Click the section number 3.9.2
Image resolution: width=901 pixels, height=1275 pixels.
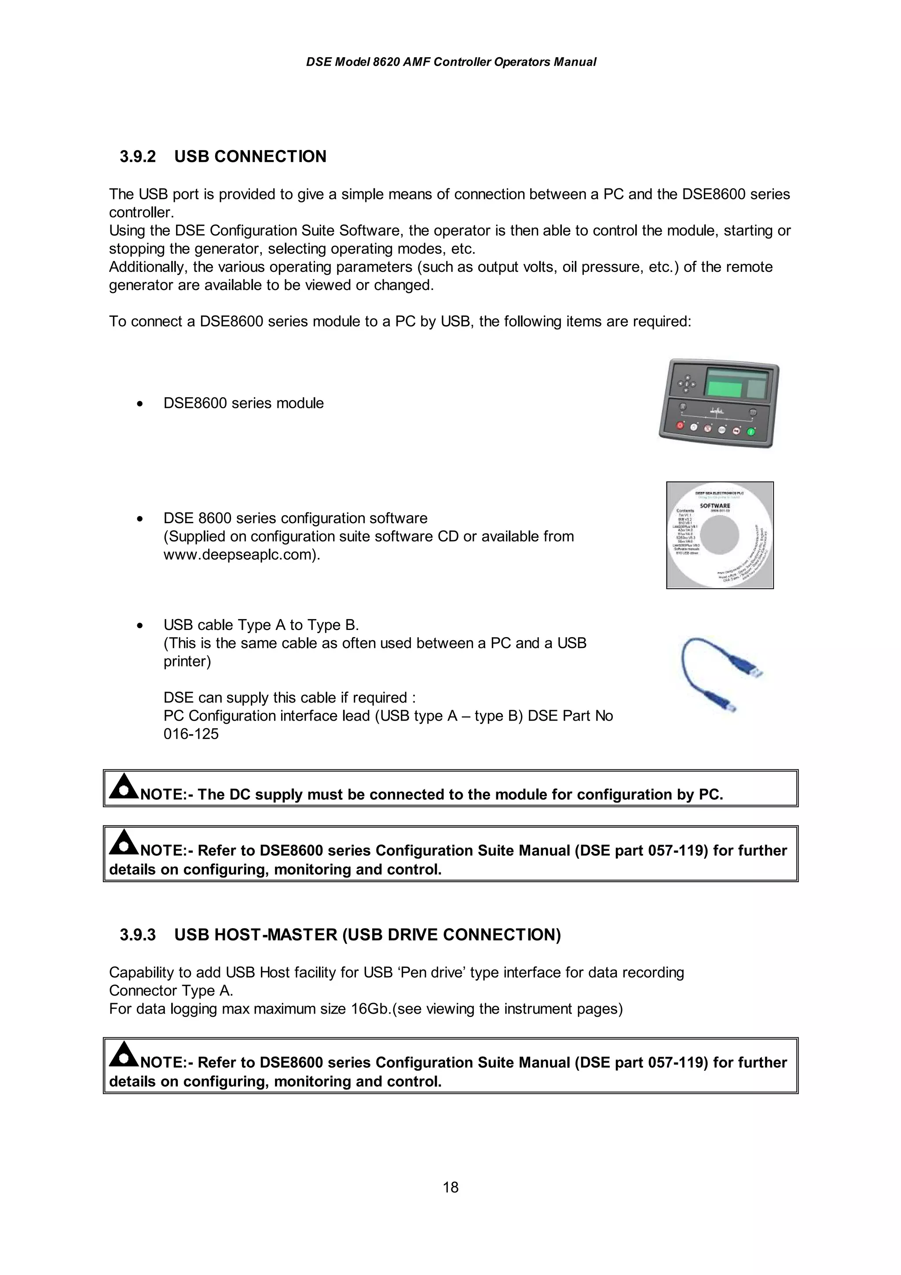(138, 157)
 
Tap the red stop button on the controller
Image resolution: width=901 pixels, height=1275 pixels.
(680, 425)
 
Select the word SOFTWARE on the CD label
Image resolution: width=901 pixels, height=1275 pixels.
(714, 506)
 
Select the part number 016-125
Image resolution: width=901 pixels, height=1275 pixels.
(191, 734)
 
